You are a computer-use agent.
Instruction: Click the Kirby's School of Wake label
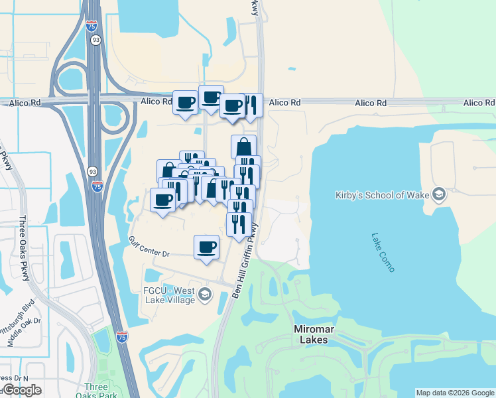(381, 195)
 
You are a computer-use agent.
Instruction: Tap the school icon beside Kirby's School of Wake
(438, 194)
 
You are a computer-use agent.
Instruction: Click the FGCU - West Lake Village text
(162, 295)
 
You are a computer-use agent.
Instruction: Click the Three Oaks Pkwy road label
(25, 248)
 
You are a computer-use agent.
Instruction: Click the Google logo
(21, 390)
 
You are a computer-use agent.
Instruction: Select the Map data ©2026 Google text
(455, 393)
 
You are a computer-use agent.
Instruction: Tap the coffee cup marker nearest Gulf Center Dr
(206, 247)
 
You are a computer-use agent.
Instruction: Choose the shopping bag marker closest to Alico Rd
(243, 146)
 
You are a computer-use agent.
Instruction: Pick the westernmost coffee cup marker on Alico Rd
(185, 102)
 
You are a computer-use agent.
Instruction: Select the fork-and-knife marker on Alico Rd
(252, 104)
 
